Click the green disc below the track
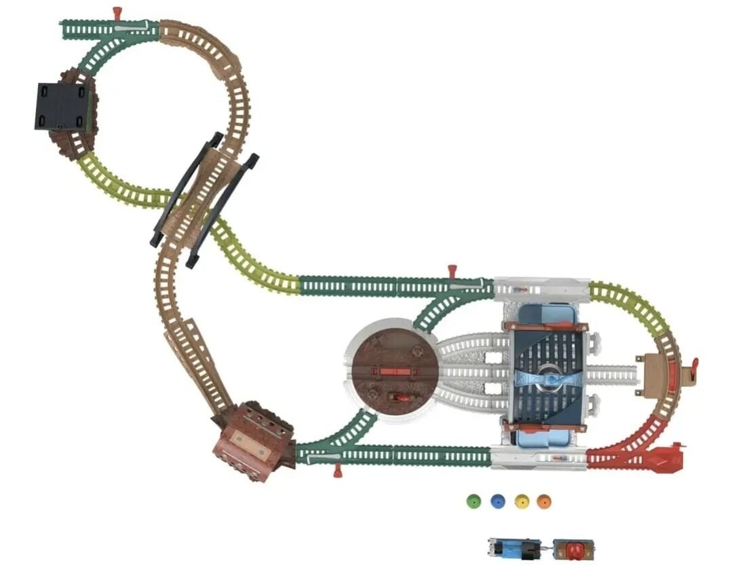[x=474, y=501]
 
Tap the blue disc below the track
[x=497, y=501]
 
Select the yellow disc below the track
[x=521, y=501]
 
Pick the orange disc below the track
[x=543, y=501]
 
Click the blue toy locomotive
[x=514, y=547]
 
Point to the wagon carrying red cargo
[x=573, y=548]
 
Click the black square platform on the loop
[x=62, y=107]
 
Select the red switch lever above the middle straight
[x=452, y=272]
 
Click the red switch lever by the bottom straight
[x=337, y=470]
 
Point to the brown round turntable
[x=393, y=367]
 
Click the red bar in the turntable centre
[x=393, y=372]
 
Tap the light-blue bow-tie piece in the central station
[x=549, y=378]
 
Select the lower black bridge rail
[x=223, y=211]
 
